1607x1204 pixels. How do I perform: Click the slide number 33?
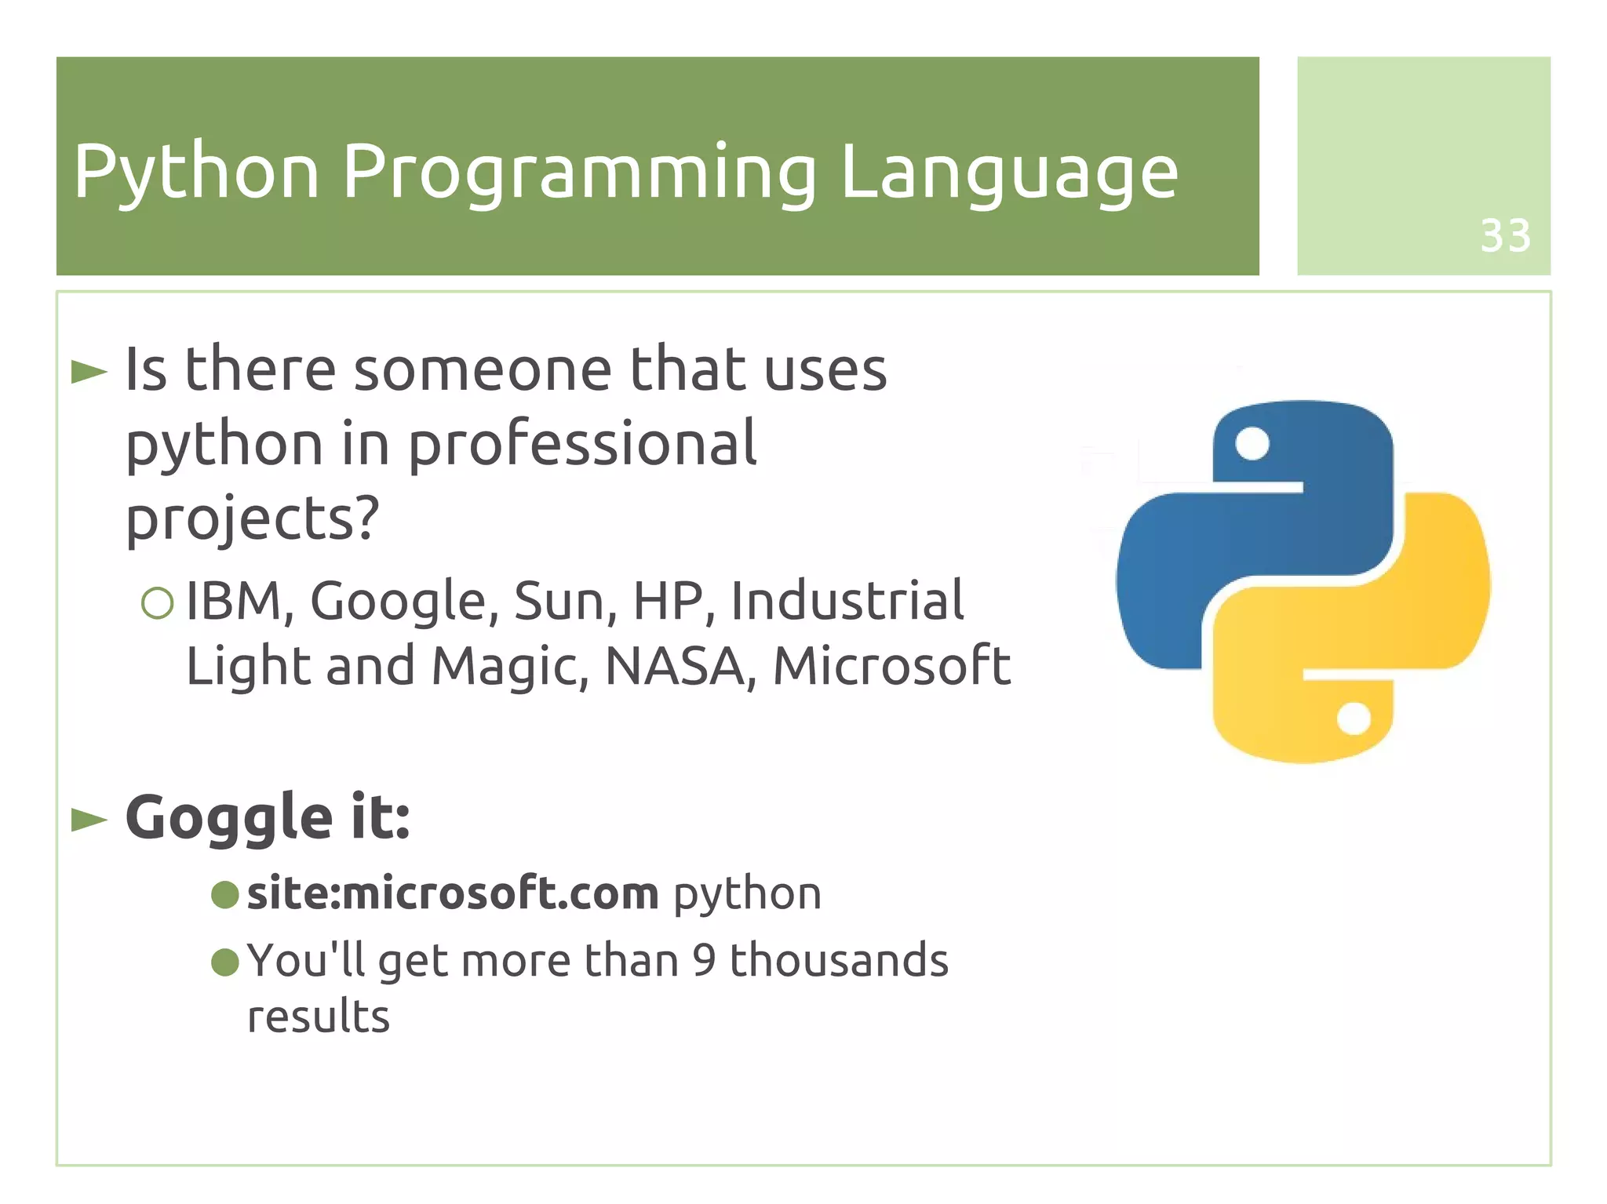click(x=1504, y=235)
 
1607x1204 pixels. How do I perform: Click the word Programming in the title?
click(x=579, y=173)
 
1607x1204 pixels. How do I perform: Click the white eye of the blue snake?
click(x=1252, y=443)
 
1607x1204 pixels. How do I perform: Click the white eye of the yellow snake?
click(x=1354, y=718)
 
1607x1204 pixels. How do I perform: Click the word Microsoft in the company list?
click(x=891, y=667)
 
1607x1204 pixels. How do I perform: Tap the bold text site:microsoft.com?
click(x=453, y=893)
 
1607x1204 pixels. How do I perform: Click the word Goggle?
click(x=229, y=818)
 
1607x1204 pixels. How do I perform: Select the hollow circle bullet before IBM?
click(x=157, y=603)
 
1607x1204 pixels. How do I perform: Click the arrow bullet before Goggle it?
click(x=89, y=820)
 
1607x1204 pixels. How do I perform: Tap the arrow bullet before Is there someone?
click(x=89, y=372)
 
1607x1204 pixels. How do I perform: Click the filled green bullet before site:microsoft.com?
click(x=225, y=894)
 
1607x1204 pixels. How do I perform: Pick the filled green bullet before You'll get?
click(x=225, y=962)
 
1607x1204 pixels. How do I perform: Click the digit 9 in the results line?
click(x=704, y=960)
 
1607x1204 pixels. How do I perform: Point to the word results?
click(x=319, y=1017)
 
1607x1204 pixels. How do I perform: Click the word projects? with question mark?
click(x=253, y=519)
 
